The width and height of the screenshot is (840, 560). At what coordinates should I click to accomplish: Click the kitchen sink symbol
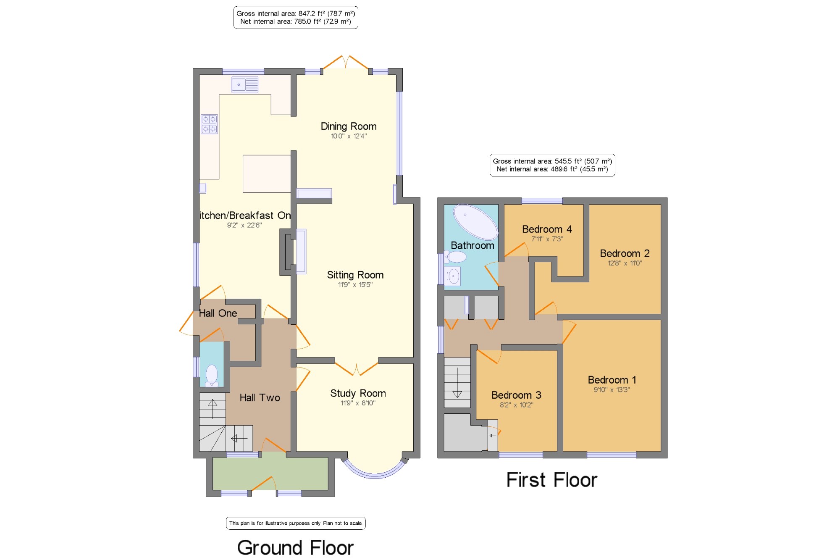(244, 84)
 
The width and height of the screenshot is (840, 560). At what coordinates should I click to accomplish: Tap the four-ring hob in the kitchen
(209, 124)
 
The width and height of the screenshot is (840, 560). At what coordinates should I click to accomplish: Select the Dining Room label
(349, 126)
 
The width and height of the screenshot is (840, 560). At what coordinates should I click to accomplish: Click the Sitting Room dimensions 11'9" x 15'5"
(355, 285)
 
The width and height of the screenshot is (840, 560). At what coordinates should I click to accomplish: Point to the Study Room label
(358, 394)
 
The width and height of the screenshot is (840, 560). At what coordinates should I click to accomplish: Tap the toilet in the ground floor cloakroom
(212, 375)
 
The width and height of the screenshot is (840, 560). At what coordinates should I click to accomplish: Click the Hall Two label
(260, 398)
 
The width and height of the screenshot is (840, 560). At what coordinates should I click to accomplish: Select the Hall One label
(218, 313)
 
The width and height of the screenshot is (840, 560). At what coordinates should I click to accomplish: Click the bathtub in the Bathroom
(475, 222)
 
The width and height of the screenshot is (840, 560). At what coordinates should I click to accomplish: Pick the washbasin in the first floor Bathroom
(453, 276)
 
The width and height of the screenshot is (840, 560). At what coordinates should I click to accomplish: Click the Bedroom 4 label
(547, 229)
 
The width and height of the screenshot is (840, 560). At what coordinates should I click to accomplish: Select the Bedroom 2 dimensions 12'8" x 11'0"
(625, 263)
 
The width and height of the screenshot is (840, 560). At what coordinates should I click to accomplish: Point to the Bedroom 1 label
(612, 380)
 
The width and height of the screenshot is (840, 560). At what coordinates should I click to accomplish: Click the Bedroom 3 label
(516, 395)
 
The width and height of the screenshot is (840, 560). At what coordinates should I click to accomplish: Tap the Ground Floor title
(295, 548)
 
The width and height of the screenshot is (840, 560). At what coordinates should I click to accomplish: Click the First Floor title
(552, 480)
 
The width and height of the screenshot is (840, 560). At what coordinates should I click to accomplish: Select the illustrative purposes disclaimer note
(296, 523)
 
